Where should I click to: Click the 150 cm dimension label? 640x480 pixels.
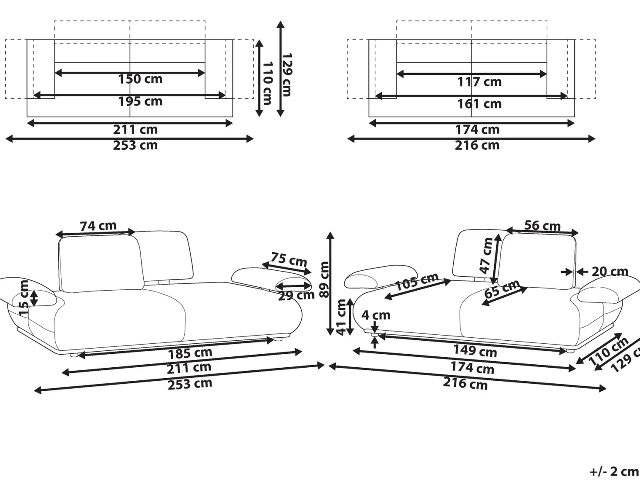[140, 79]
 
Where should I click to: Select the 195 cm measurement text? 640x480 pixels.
[140, 101]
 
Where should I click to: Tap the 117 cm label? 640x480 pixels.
[479, 82]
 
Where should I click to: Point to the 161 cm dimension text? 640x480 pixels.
[479, 104]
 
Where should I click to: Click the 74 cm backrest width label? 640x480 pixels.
[98, 226]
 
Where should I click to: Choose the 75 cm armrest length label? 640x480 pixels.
[289, 259]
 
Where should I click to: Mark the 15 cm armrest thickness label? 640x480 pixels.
[24, 298]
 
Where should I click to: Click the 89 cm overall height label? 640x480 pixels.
[323, 279]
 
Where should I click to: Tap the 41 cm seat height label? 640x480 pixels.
[341, 317]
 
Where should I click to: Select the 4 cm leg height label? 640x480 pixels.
[376, 316]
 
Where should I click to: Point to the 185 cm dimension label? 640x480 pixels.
[190, 353]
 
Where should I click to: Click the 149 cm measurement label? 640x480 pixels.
[475, 351]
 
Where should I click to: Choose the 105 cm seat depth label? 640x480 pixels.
[417, 281]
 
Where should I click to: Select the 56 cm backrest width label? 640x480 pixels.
[542, 226]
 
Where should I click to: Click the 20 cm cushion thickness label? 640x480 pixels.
[610, 272]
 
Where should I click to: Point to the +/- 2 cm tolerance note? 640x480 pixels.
[614, 472]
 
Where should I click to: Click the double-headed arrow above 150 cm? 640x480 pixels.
[130, 73]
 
